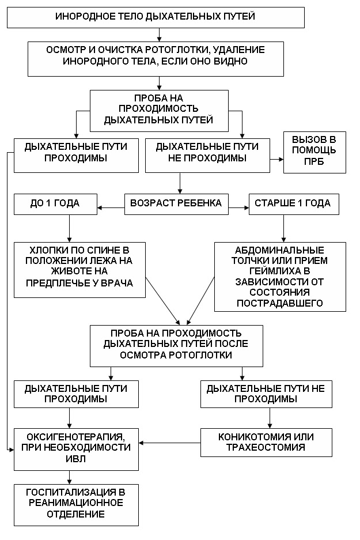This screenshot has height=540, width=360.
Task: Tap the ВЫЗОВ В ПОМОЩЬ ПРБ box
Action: click(314, 152)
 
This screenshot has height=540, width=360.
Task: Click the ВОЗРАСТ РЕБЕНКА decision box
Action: click(177, 203)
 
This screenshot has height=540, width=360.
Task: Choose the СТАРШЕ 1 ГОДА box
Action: click(293, 203)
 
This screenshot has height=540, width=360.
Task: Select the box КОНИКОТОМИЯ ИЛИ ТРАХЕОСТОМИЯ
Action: click(266, 442)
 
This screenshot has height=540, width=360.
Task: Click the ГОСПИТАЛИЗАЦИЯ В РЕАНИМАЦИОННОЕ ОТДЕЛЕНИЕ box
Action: click(76, 504)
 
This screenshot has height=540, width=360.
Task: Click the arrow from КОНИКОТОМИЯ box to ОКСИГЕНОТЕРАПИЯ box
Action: click(170, 443)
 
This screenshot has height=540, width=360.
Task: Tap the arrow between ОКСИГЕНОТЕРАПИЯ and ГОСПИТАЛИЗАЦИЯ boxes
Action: click(70, 477)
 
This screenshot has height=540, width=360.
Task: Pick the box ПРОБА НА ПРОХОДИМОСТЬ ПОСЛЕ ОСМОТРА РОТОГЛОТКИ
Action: click(176, 345)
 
